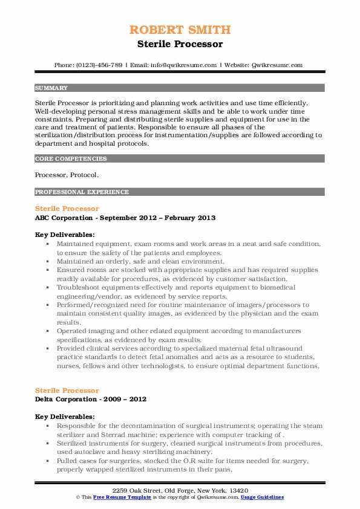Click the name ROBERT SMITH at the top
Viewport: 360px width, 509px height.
[180, 30]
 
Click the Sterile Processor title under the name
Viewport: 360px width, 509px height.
[180, 44]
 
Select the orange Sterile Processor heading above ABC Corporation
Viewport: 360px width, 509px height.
[67, 209]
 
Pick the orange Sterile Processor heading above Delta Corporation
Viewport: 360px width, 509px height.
[67, 391]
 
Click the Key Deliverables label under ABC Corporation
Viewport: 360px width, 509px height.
[64, 235]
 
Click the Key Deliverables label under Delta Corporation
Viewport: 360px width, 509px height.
[64, 417]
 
